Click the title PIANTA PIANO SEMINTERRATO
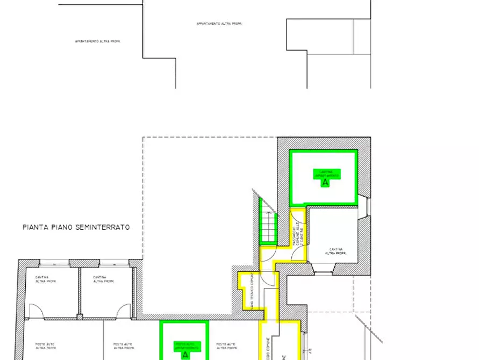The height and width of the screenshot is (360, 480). [76, 227]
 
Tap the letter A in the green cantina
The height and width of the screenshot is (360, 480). [324, 183]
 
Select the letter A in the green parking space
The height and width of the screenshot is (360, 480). [185, 355]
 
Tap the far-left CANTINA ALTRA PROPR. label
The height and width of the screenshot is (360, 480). [46, 279]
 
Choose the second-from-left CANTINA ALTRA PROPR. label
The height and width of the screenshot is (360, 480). [103, 279]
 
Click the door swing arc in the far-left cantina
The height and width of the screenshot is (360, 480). [35, 310]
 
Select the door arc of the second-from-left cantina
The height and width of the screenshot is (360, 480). [124, 310]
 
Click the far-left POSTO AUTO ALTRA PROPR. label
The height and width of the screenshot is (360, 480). [47, 346]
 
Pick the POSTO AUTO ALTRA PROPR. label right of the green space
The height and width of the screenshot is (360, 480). [226, 346]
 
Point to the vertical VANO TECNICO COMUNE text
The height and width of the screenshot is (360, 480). [252, 290]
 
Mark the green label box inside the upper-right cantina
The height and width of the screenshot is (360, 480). [326, 174]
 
